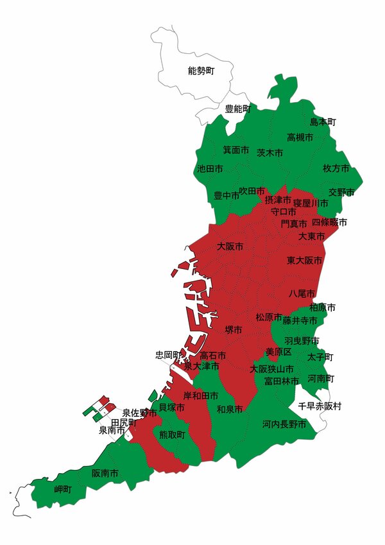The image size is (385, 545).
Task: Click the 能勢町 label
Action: [201, 71]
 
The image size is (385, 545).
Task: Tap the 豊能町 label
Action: [237, 109]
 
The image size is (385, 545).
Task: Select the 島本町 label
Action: [323, 122]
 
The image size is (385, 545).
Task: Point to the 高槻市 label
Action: [300, 137]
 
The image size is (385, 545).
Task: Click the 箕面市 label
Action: [235, 150]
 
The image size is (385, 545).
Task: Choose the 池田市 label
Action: [210, 169]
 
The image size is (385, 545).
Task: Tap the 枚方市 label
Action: [336, 168]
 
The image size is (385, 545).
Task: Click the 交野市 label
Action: [341, 192]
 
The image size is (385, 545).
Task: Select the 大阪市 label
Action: [230, 247]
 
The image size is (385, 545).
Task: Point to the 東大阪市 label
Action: [304, 261]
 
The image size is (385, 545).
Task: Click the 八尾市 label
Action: [302, 293]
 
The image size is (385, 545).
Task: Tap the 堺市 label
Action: [234, 329]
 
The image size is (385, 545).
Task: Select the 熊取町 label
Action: [172, 435]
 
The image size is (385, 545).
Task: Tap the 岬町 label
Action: [63, 489]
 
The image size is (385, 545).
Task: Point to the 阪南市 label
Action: [105, 474]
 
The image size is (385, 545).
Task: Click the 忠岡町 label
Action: [168, 355]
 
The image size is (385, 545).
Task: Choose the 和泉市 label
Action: [230, 409]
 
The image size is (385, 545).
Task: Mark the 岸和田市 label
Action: [201, 395]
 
